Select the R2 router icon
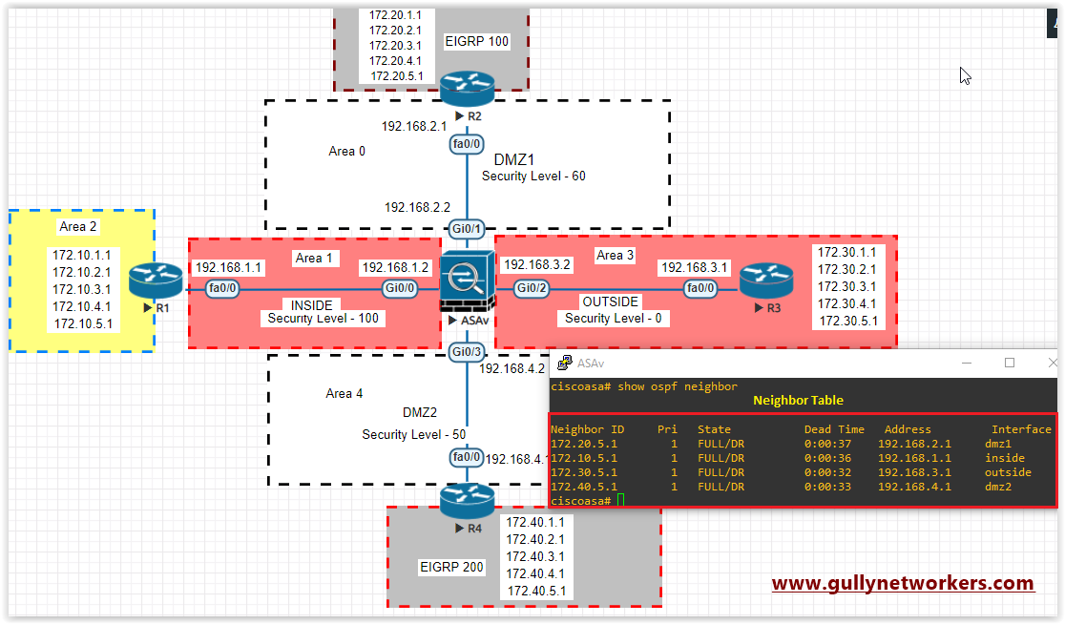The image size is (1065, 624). coord(467,90)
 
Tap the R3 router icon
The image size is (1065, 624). coord(765,281)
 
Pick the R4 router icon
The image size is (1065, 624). coord(468,501)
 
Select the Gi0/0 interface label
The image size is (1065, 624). coord(400,287)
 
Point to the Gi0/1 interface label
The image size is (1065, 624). coord(467,228)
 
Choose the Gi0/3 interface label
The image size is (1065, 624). coord(467,352)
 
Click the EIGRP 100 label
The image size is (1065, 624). coord(477,41)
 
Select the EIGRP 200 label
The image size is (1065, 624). coord(452,568)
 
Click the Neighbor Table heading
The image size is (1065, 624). coord(798,400)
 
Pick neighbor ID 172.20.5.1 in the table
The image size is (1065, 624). coord(583,444)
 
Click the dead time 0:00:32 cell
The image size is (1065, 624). coord(824,472)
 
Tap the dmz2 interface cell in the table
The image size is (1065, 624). coord(998,487)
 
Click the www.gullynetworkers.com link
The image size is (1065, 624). coord(903,583)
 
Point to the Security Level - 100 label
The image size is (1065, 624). coord(324,319)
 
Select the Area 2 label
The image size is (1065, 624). coord(78,227)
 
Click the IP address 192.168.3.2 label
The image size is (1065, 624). coord(536,264)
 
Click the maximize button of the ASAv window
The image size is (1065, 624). coord(1010,363)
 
